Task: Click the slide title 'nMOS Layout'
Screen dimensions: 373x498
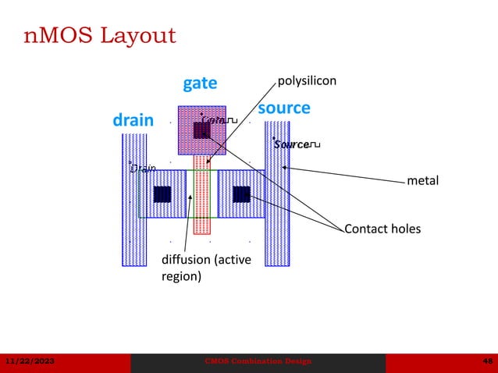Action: [x=98, y=35]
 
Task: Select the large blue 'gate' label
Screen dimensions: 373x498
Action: [x=200, y=83]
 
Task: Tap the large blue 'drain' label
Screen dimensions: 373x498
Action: [x=133, y=121]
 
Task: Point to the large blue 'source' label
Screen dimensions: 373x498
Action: [x=284, y=108]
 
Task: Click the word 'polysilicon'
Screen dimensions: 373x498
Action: [x=308, y=80]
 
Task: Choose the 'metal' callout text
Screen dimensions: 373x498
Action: [x=423, y=181]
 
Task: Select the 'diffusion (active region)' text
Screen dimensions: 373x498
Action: [x=206, y=268]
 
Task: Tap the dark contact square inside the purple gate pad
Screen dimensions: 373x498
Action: [x=201, y=130]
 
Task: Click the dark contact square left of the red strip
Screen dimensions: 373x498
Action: [x=162, y=194]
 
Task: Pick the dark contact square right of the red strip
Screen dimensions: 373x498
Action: [x=241, y=194]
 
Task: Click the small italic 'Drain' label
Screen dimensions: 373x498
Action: [x=142, y=168]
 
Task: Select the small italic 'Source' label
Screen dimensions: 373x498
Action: [x=291, y=145]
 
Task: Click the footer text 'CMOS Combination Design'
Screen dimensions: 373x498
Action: [x=258, y=361]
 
